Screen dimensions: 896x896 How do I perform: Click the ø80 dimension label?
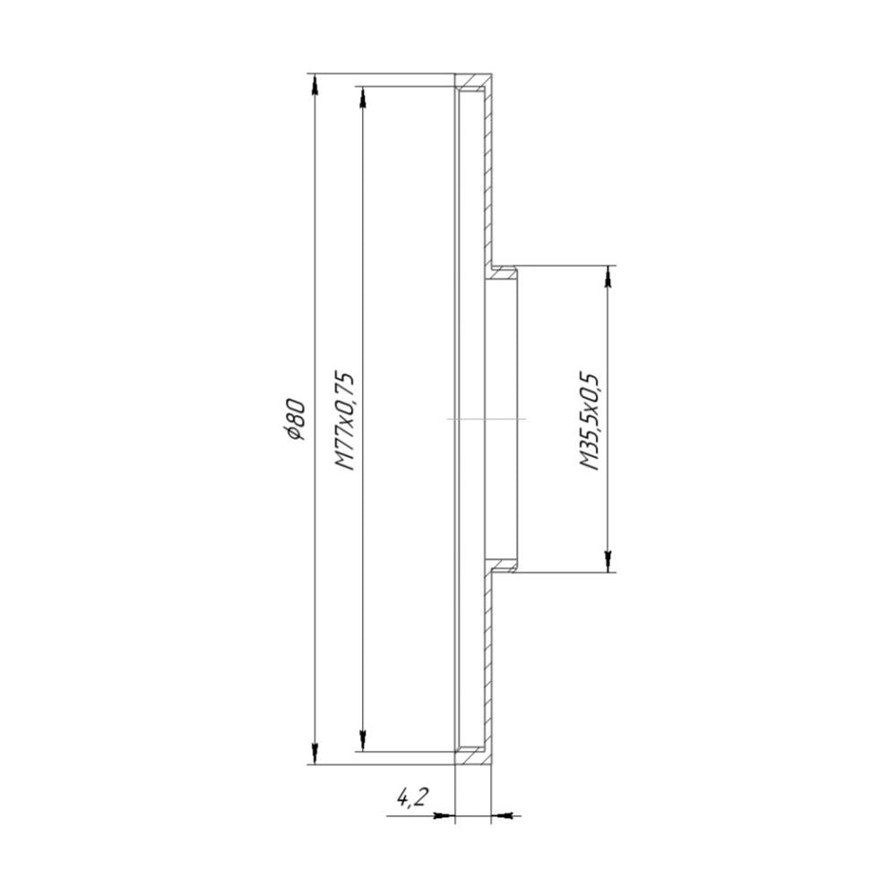point(298,419)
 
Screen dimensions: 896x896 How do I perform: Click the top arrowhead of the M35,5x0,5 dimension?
point(608,277)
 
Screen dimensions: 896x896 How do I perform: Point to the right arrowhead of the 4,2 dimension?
point(504,815)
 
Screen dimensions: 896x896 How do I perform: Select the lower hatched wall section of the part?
point(488,663)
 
